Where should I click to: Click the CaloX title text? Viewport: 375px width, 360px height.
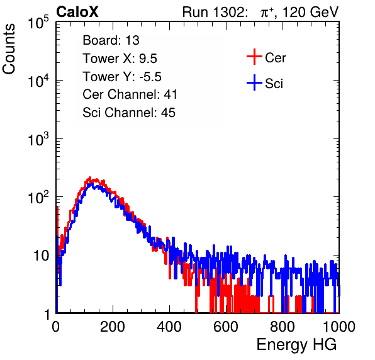tap(77, 12)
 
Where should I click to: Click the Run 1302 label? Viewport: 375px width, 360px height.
tap(215, 12)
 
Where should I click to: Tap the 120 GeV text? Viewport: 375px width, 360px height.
tap(311, 12)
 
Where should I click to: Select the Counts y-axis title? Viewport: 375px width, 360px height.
tap(9, 49)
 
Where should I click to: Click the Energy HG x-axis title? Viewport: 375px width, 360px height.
tap(297, 345)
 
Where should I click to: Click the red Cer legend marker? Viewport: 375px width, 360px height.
tap(254, 57)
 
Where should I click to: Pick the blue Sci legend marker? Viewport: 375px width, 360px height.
tap(254, 83)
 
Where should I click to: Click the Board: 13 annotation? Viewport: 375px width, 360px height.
tap(111, 40)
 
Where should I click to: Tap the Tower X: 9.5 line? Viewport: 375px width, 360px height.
tap(120, 59)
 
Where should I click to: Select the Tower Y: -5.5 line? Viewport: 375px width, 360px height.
tap(122, 77)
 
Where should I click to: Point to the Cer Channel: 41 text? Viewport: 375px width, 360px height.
tap(130, 94)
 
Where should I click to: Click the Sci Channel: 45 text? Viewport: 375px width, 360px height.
tap(129, 113)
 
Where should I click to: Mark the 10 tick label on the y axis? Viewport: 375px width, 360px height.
tap(41, 256)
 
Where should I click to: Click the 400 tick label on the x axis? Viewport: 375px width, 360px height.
tap(169, 327)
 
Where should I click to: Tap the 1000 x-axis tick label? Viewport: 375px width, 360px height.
tap(339, 327)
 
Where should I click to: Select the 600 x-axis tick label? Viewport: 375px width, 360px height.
tap(226, 327)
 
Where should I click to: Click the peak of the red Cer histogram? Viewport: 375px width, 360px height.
tap(90, 177)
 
